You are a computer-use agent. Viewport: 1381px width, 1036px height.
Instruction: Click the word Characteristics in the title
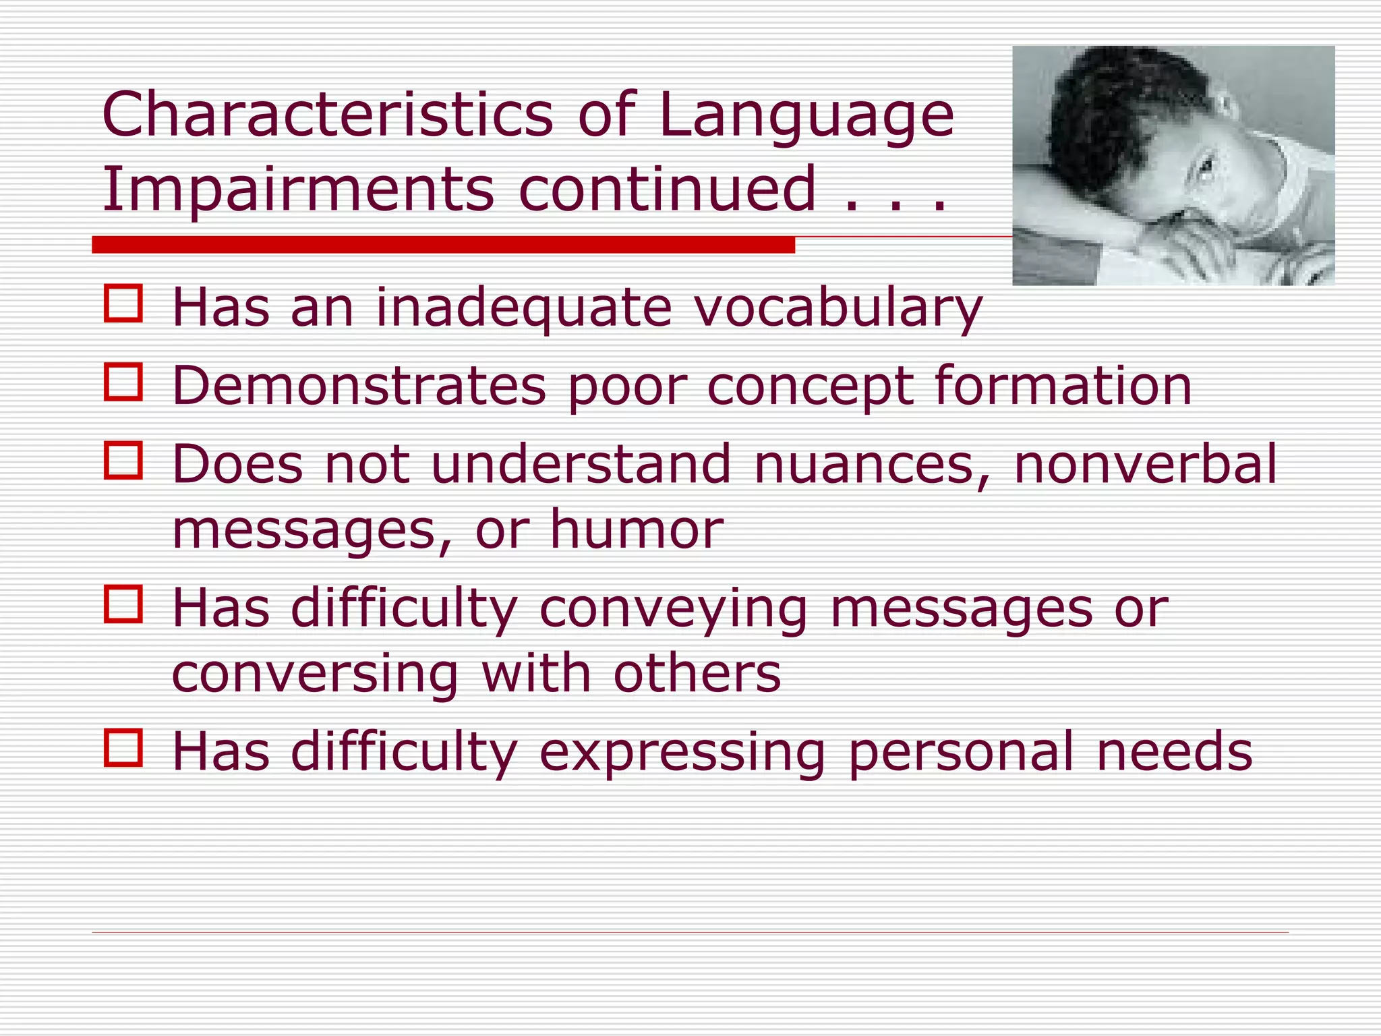[x=328, y=115]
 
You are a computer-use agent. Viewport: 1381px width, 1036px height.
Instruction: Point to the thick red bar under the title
[x=443, y=245]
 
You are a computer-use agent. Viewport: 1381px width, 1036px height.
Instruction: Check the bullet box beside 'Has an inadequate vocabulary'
[x=123, y=304]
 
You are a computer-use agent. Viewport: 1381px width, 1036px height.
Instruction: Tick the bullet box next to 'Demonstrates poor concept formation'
[x=123, y=382]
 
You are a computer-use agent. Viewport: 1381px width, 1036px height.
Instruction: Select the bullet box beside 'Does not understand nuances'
[x=123, y=460]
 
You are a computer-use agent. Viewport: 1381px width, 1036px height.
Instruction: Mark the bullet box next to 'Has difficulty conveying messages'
[x=123, y=604]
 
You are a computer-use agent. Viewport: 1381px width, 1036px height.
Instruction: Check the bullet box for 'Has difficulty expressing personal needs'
[x=123, y=748]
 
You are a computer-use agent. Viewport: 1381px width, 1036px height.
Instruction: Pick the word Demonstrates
[x=359, y=386]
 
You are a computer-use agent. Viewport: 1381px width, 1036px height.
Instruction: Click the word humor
[x=637, y=530]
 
